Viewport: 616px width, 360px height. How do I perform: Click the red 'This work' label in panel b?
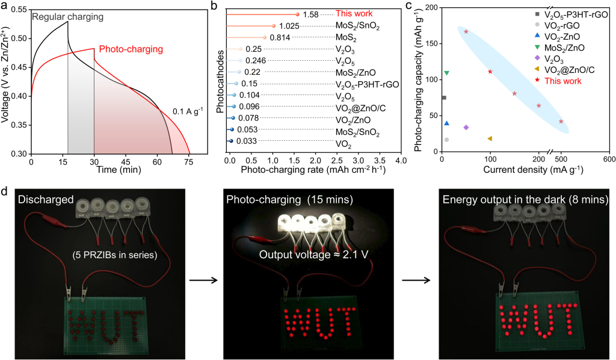354,13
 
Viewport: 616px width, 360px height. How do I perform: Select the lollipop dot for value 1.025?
274,26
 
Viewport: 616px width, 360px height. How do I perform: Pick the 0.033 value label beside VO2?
245,141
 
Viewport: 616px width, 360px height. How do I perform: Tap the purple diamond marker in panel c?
466,128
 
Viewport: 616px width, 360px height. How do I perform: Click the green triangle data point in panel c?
446,73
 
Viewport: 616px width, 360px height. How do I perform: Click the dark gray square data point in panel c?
444,98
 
